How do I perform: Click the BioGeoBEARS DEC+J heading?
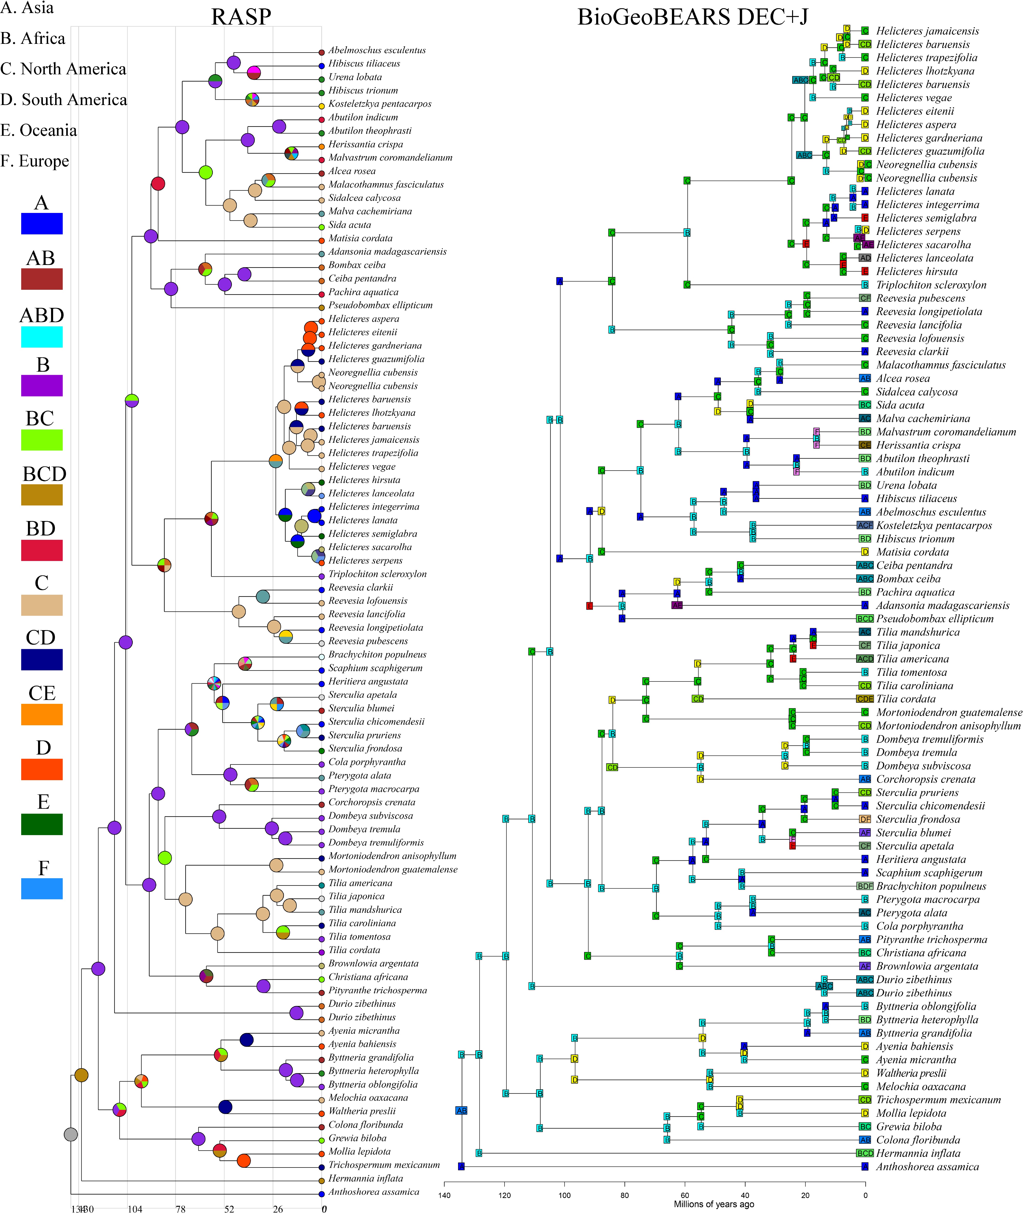[x=693, y=17]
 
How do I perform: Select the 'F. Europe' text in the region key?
[x=35, y=161]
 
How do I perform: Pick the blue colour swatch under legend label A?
[x=42, y=224]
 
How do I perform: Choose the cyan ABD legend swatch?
[x=42, y=337]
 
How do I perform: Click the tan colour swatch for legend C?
[x=42, y=605]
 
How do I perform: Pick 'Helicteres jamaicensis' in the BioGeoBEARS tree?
[x=927, y=31]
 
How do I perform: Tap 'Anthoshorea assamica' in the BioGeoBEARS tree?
[x=927, y=1166]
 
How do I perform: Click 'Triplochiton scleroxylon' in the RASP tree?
[x=377, y=574]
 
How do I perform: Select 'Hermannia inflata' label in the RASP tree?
[x=366, y=1178]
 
